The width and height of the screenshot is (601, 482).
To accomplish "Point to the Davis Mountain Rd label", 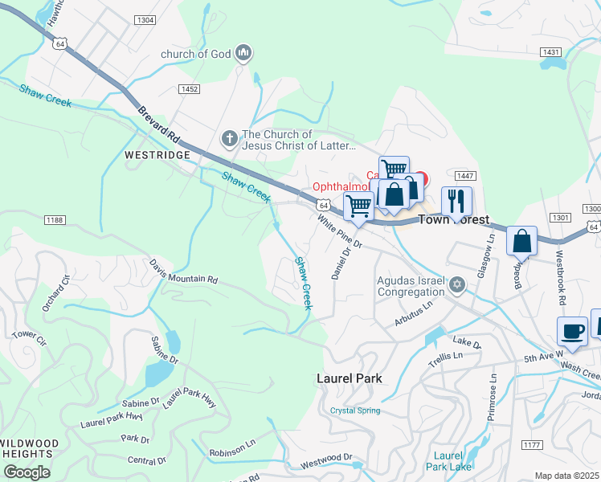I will [183, 271].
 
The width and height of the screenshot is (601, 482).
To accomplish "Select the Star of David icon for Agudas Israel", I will [457, 285].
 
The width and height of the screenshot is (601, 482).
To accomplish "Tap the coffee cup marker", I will [573, 331].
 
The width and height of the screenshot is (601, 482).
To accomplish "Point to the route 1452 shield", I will [190, 89].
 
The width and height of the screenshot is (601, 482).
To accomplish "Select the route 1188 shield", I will [55, 219].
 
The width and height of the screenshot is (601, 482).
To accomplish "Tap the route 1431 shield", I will [550, 52].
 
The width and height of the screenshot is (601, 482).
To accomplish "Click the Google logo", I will [27, 472].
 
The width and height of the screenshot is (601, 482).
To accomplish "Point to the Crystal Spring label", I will [355, 411].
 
